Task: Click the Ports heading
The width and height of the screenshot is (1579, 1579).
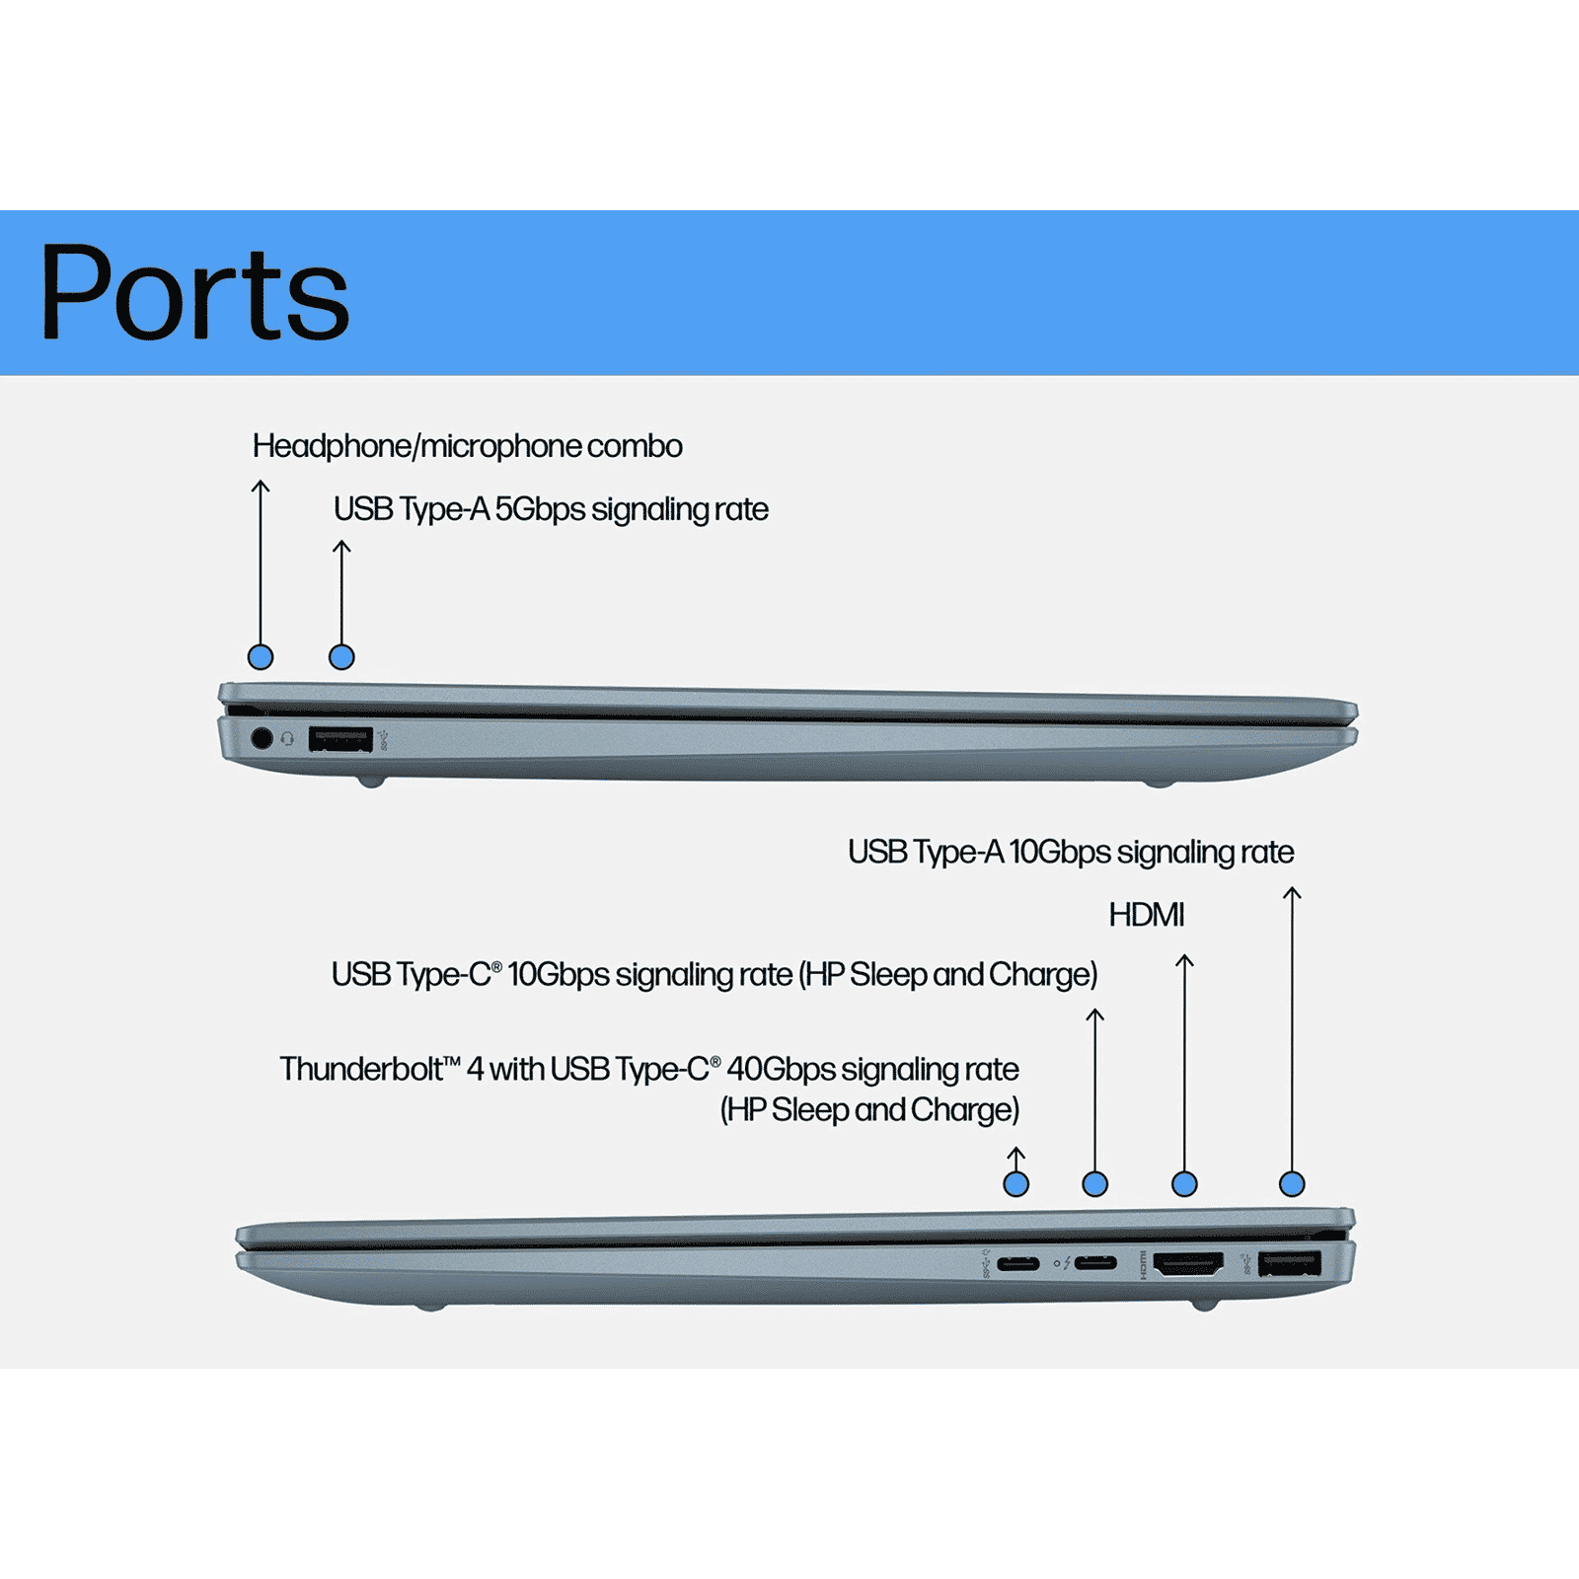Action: coord(194,293)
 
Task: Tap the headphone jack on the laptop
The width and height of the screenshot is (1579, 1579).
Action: coord(262,738)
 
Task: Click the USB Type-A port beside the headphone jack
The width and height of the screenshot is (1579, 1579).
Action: coord(339,738)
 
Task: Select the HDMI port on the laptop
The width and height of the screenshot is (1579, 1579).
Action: coord(1188,1263)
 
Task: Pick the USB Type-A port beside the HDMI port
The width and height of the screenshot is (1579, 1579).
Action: coord(1289,1263)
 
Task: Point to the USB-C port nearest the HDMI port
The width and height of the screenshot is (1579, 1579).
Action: coord(1095,1263)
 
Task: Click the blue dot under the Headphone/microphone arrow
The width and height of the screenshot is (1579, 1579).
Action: coord(261,657)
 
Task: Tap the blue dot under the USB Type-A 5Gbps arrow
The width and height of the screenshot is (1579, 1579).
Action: coord(341,657)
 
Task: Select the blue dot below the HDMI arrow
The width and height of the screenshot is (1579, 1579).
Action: coord(1184,1184)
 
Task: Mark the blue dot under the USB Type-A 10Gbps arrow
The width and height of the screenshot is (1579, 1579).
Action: coord(1292,1184)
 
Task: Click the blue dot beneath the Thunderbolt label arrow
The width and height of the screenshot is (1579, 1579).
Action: coord(1015,1184)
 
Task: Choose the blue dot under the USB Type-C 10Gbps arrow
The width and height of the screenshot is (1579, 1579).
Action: coord(1095,1184)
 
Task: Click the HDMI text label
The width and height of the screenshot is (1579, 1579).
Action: coord(1146,915)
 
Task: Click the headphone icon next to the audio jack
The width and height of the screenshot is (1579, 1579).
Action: coord(287,738)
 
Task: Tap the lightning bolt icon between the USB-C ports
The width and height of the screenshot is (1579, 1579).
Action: coord(1067,1263)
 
